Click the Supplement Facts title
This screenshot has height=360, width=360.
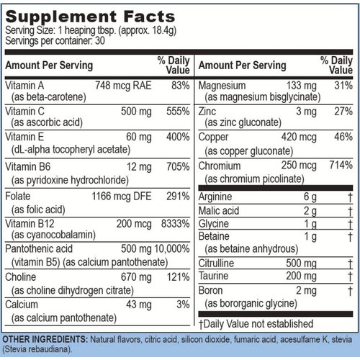click(x=89, y=16)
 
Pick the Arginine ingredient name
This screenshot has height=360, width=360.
click(x=217, y=197)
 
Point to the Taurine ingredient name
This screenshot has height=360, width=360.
click(x=215, y=275)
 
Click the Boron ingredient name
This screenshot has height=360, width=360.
click(x=212, y=291)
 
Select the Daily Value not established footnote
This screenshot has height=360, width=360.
click(x=256, y=324)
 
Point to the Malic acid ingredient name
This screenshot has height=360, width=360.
click(x=219, y=210)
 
